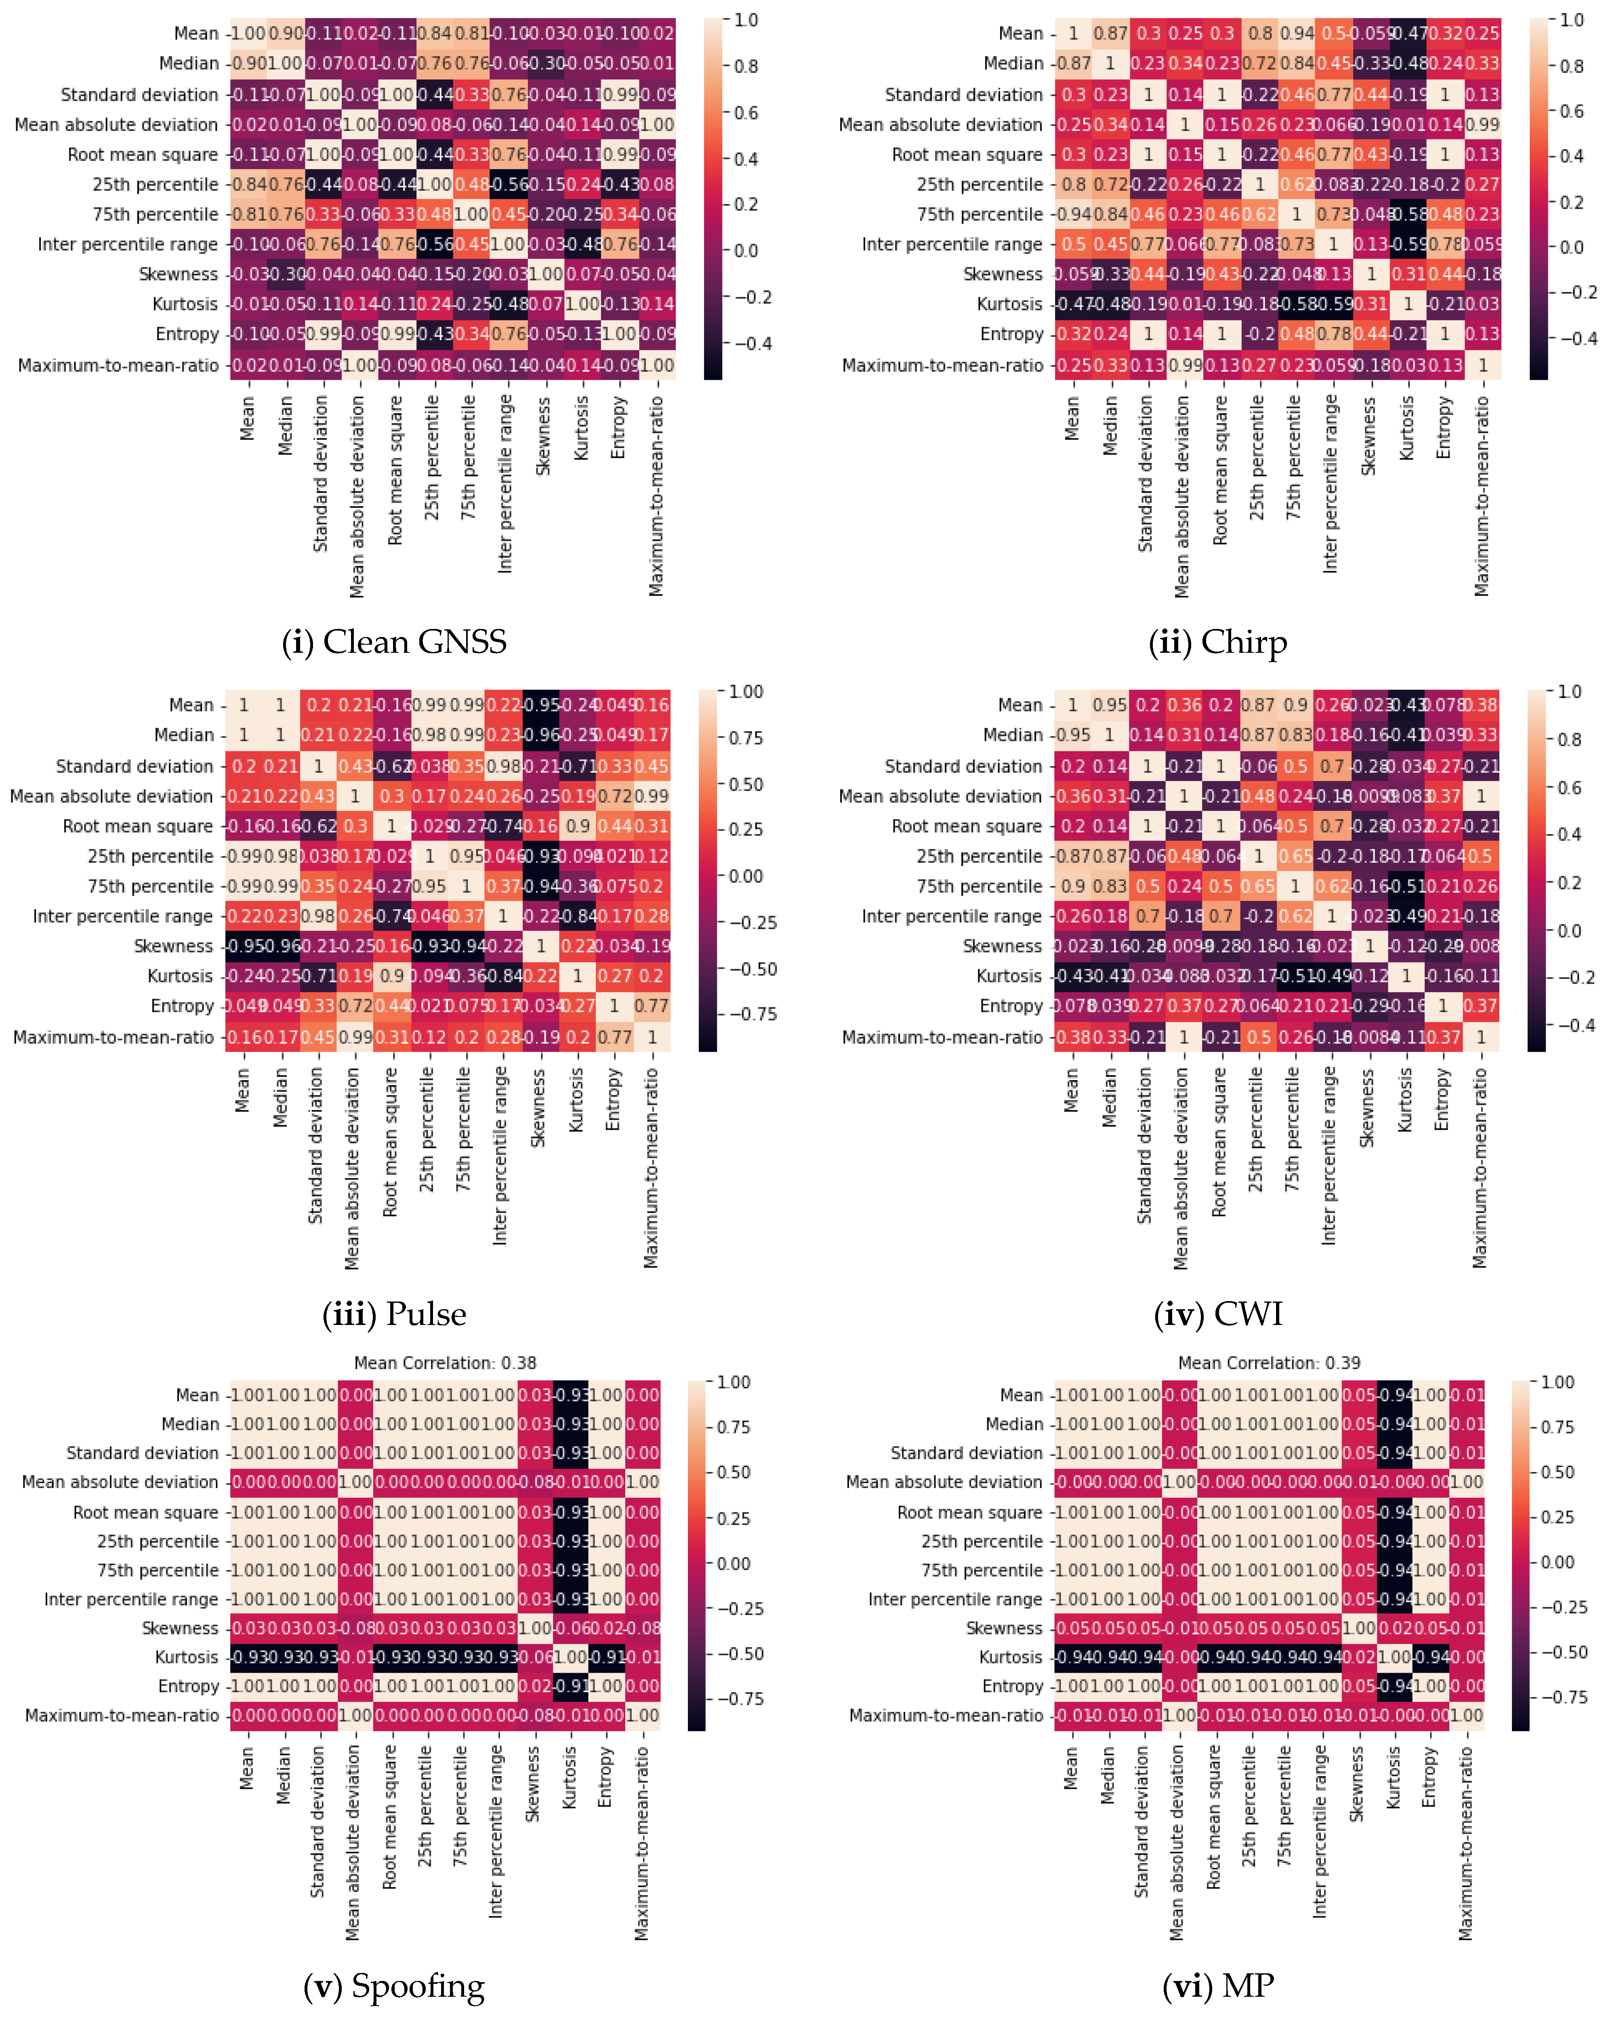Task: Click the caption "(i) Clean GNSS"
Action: click(394, 643)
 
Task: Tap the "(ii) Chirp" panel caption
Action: click(1217, 643)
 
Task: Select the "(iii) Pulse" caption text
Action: click(394, 1314)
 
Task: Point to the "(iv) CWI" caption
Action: click(1217, 1314)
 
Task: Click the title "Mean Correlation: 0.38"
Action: click(445, 1363)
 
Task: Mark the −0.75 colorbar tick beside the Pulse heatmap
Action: click(752, 1014)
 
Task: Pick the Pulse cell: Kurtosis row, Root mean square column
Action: click(392, 976)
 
